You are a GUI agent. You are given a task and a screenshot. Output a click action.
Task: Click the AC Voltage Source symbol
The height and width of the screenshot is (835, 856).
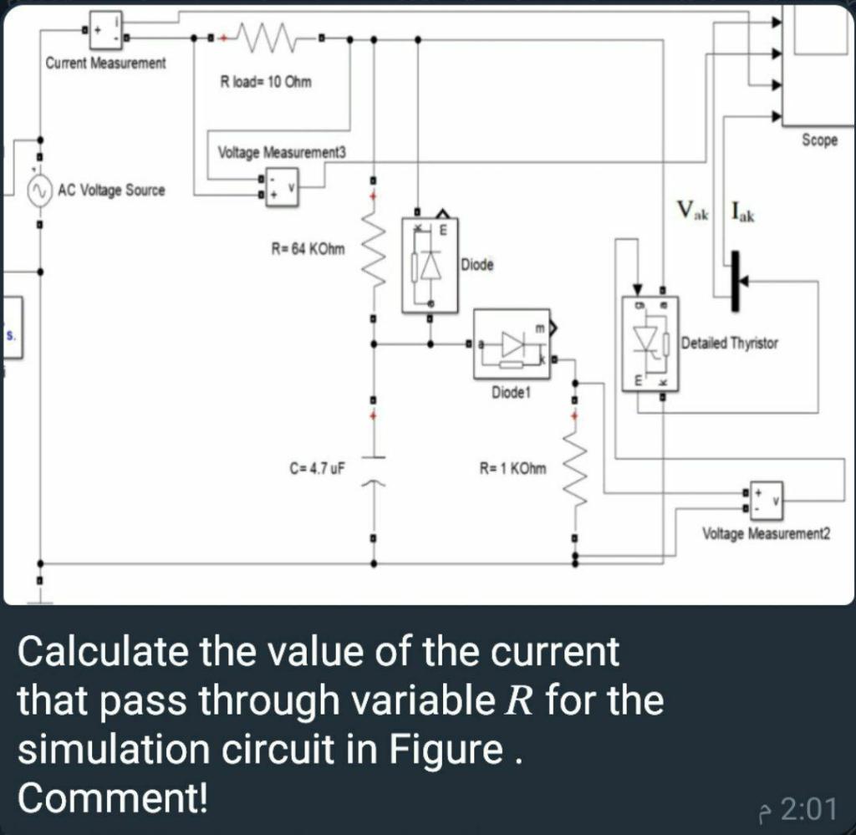[38, 191]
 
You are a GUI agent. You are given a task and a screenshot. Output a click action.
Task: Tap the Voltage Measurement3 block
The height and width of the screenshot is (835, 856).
[280, 185]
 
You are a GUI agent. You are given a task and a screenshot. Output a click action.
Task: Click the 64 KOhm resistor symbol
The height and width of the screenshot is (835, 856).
[374, 251]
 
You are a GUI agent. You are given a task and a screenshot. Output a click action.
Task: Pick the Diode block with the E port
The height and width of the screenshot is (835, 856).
[430, 264]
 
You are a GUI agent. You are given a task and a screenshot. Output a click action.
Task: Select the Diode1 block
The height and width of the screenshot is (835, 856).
[512, 345]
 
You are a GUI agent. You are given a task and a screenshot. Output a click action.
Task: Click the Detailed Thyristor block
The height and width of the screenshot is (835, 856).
[650, 343]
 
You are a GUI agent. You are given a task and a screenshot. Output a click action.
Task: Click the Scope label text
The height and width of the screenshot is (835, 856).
[818, 140]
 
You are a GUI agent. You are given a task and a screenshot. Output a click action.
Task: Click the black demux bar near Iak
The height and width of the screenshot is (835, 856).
[735, 282]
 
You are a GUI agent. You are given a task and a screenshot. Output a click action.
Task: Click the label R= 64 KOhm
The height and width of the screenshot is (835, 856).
[308, 247]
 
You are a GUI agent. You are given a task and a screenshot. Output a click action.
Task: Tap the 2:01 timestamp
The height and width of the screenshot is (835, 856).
[808, 809]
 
